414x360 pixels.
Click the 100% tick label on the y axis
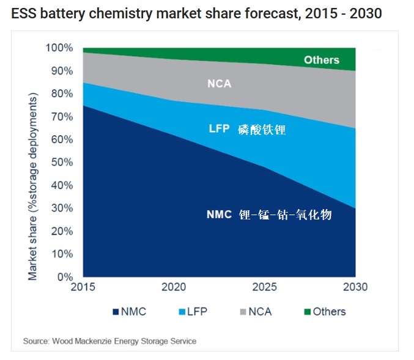pos(60,48)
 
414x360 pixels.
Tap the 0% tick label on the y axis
pos(65,276)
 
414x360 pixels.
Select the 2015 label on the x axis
pos(83,287)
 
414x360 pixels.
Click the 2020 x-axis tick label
pos(174,287)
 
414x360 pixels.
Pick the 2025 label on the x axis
pos(265,287)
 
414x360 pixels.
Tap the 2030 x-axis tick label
pos(355,287)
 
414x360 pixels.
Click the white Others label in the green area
pos(321,60)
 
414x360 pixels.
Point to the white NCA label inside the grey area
pos(218,84)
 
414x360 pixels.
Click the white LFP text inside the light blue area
pos(218,130)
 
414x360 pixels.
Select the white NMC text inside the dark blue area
pos(219,215)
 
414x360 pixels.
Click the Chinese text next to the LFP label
pos(262,130)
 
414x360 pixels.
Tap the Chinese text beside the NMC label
pos(286,215)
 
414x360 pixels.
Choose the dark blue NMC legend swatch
pos(116,312)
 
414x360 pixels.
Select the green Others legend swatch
pos(307,312)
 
